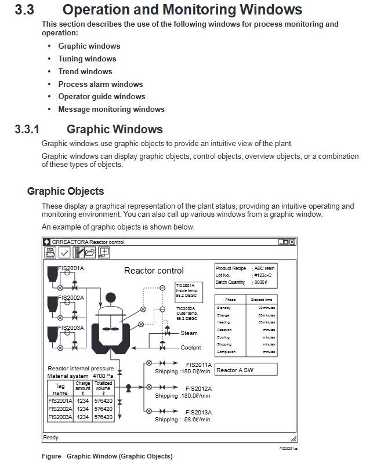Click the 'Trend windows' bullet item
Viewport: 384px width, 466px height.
pyautogui.click(x=85, y=71)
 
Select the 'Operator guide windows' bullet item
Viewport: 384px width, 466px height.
pyautogui.click(x=102, y=97)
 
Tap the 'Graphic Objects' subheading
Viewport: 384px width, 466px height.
pyautogui.click(x=66, y=191)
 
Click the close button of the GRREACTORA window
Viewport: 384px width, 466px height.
pyautogui.click(x=292, y=242)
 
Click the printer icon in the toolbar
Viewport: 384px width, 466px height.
pyautogui.click(x=50, y=252)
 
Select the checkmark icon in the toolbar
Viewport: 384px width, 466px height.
pyautogui.click(x=64, y=252)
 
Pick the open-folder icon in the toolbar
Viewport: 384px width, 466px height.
pyautogui.click(x=90, y=252)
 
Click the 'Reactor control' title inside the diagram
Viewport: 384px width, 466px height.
pyautogui.click(x=154, y=271)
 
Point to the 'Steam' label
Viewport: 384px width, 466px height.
pyautogui.click(x=189, y=333)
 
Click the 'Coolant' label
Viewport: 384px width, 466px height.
pyautogui.click(x=191, y=348)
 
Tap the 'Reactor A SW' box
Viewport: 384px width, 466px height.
pyautogui.click(x=245, y=370)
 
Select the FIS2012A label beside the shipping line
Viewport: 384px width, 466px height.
pyautogui.click(x=198, y=388)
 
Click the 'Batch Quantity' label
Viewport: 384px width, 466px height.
pyautogui.click(x=230, y=282)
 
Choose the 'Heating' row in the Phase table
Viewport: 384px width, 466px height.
pyautogui.click(x=223, y=322)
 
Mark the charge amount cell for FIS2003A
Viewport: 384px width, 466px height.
pyautogui.click(x=83, y=417)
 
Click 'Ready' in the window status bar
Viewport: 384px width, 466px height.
pyautogui.click(x=50, y=438)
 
